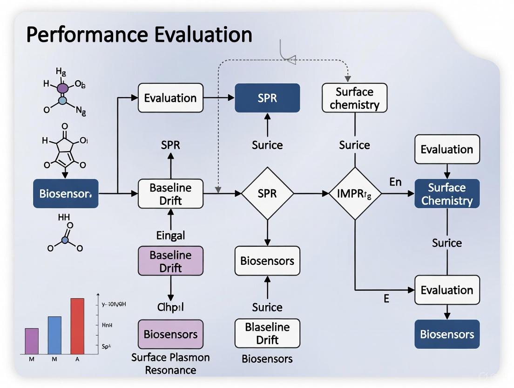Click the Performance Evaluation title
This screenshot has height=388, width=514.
pos(139,35)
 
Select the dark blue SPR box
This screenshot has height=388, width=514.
pos(267,98)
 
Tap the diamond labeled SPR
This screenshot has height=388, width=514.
pos(267,193)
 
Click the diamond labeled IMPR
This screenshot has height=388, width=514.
pos(355,193)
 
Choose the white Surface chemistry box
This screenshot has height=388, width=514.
pos(354,98)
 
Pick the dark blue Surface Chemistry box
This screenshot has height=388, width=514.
pos(447,194)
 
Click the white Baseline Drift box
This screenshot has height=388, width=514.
pos(170,194)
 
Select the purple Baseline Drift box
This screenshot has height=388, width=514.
pos(170,261)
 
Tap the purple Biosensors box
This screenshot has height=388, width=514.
pos(170,334)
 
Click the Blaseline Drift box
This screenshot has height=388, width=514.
pos(267,333)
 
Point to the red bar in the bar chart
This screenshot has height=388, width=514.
pos(77,326)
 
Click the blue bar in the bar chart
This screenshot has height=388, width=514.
pos(54,335)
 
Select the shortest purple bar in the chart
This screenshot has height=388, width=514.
pos(32,341)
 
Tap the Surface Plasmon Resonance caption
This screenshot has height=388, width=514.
pos(170,364)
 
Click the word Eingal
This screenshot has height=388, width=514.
pos(170,236)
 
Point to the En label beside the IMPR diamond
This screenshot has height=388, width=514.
pos(395,182)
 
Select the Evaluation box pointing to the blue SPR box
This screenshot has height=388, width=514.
pos(170,98)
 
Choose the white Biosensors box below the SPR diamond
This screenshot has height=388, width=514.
pos(267,260)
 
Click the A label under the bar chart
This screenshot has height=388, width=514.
pos(77,359)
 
